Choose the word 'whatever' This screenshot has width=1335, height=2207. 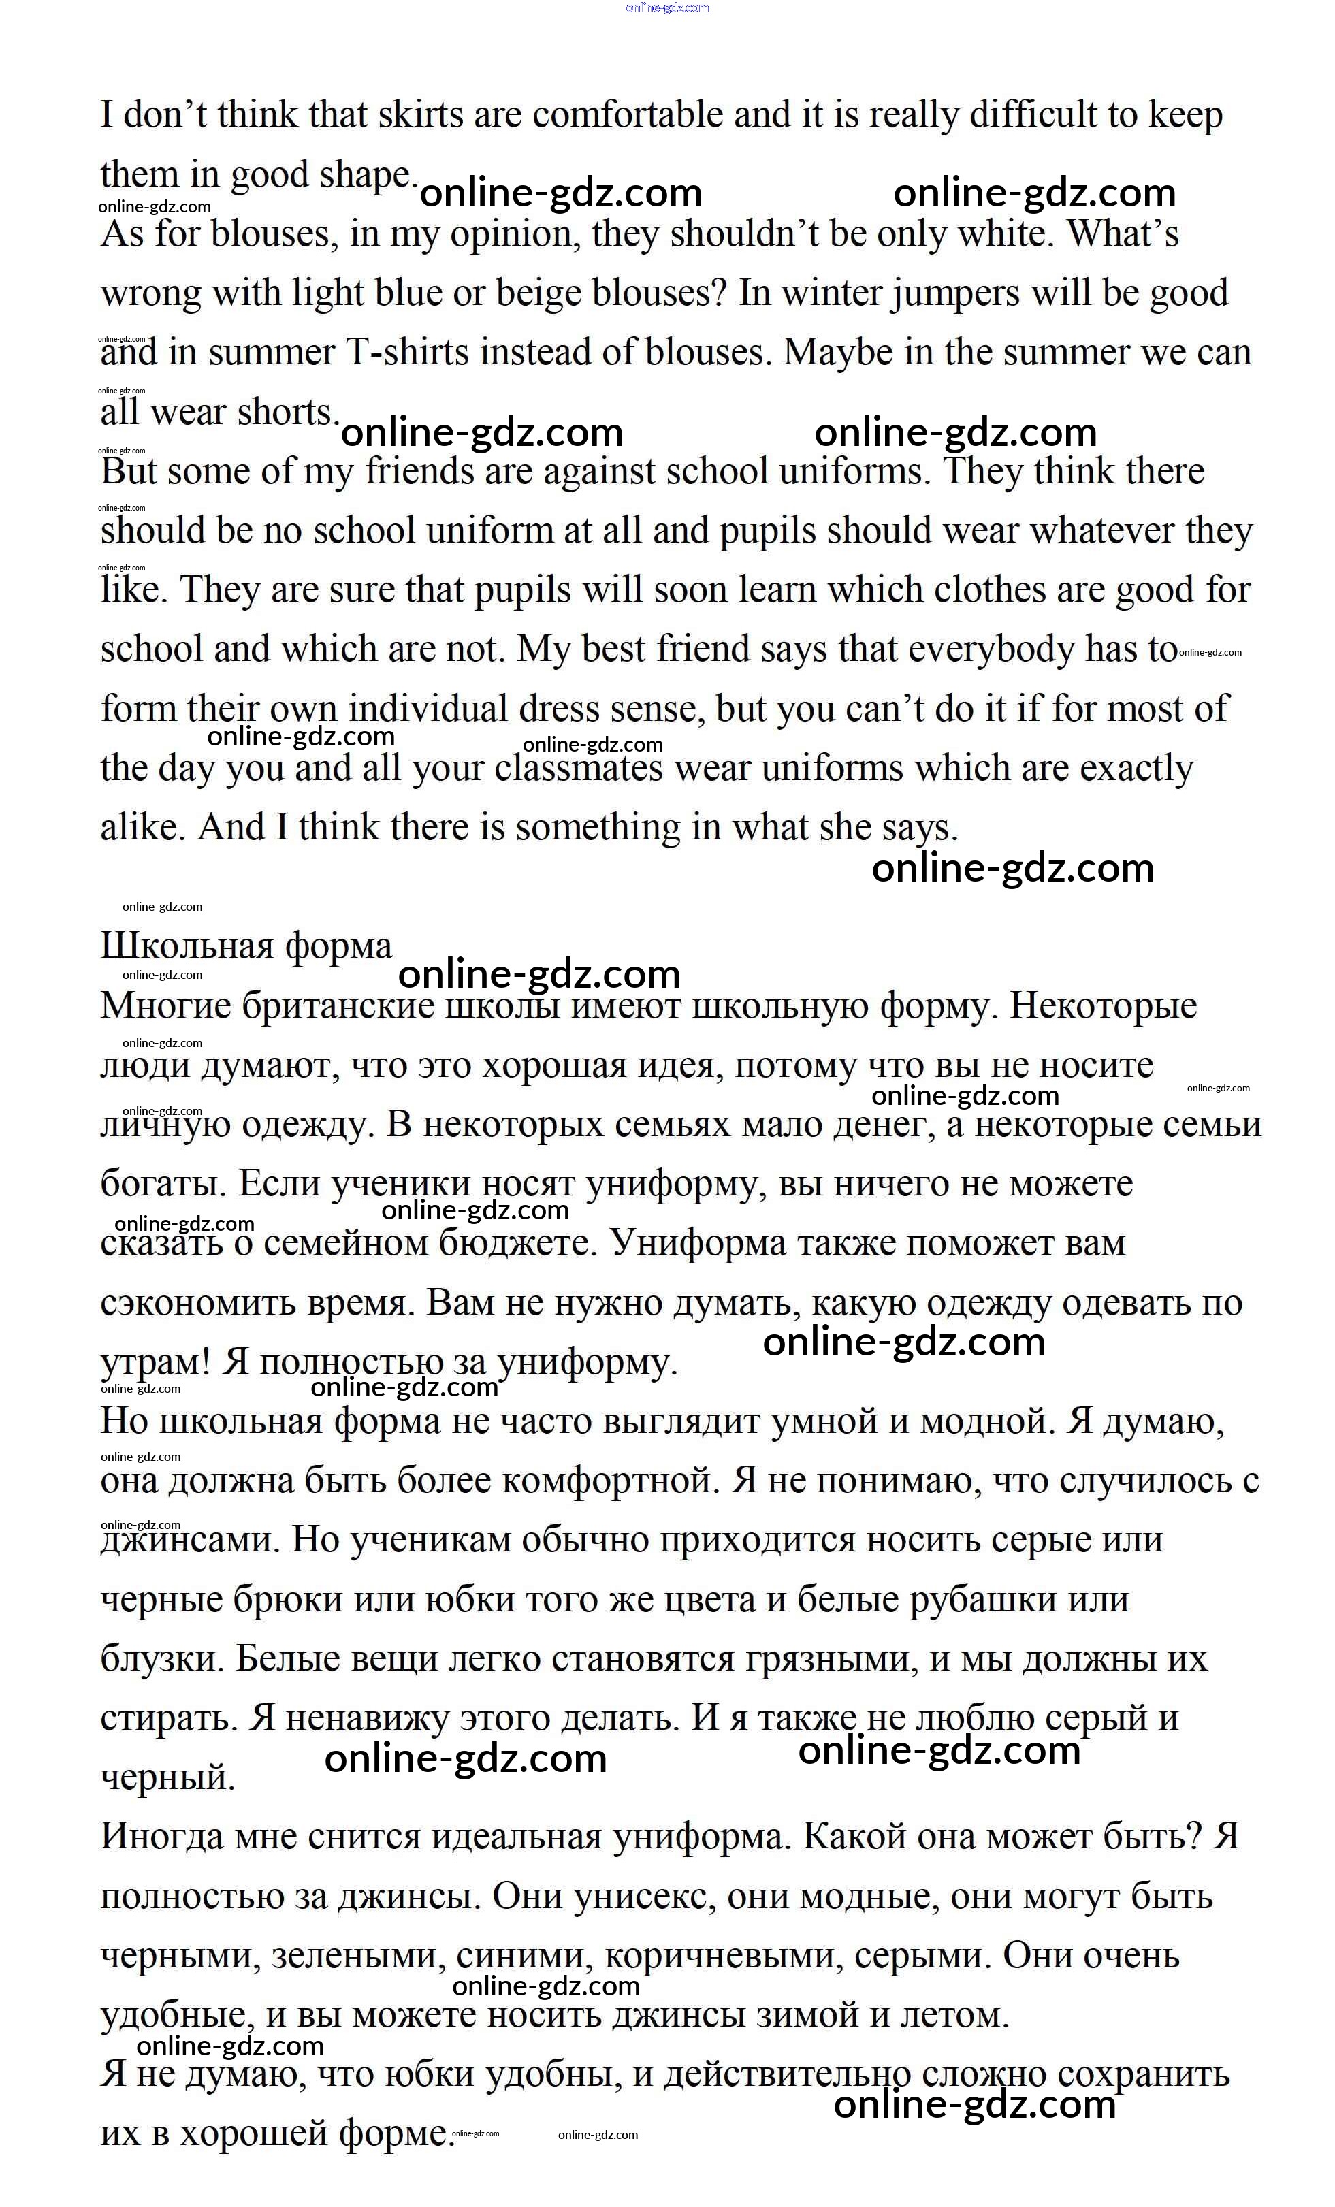coord(1101,531)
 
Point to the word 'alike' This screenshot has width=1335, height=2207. coord(139,828)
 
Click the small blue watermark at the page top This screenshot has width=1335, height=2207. coord(667,7)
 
